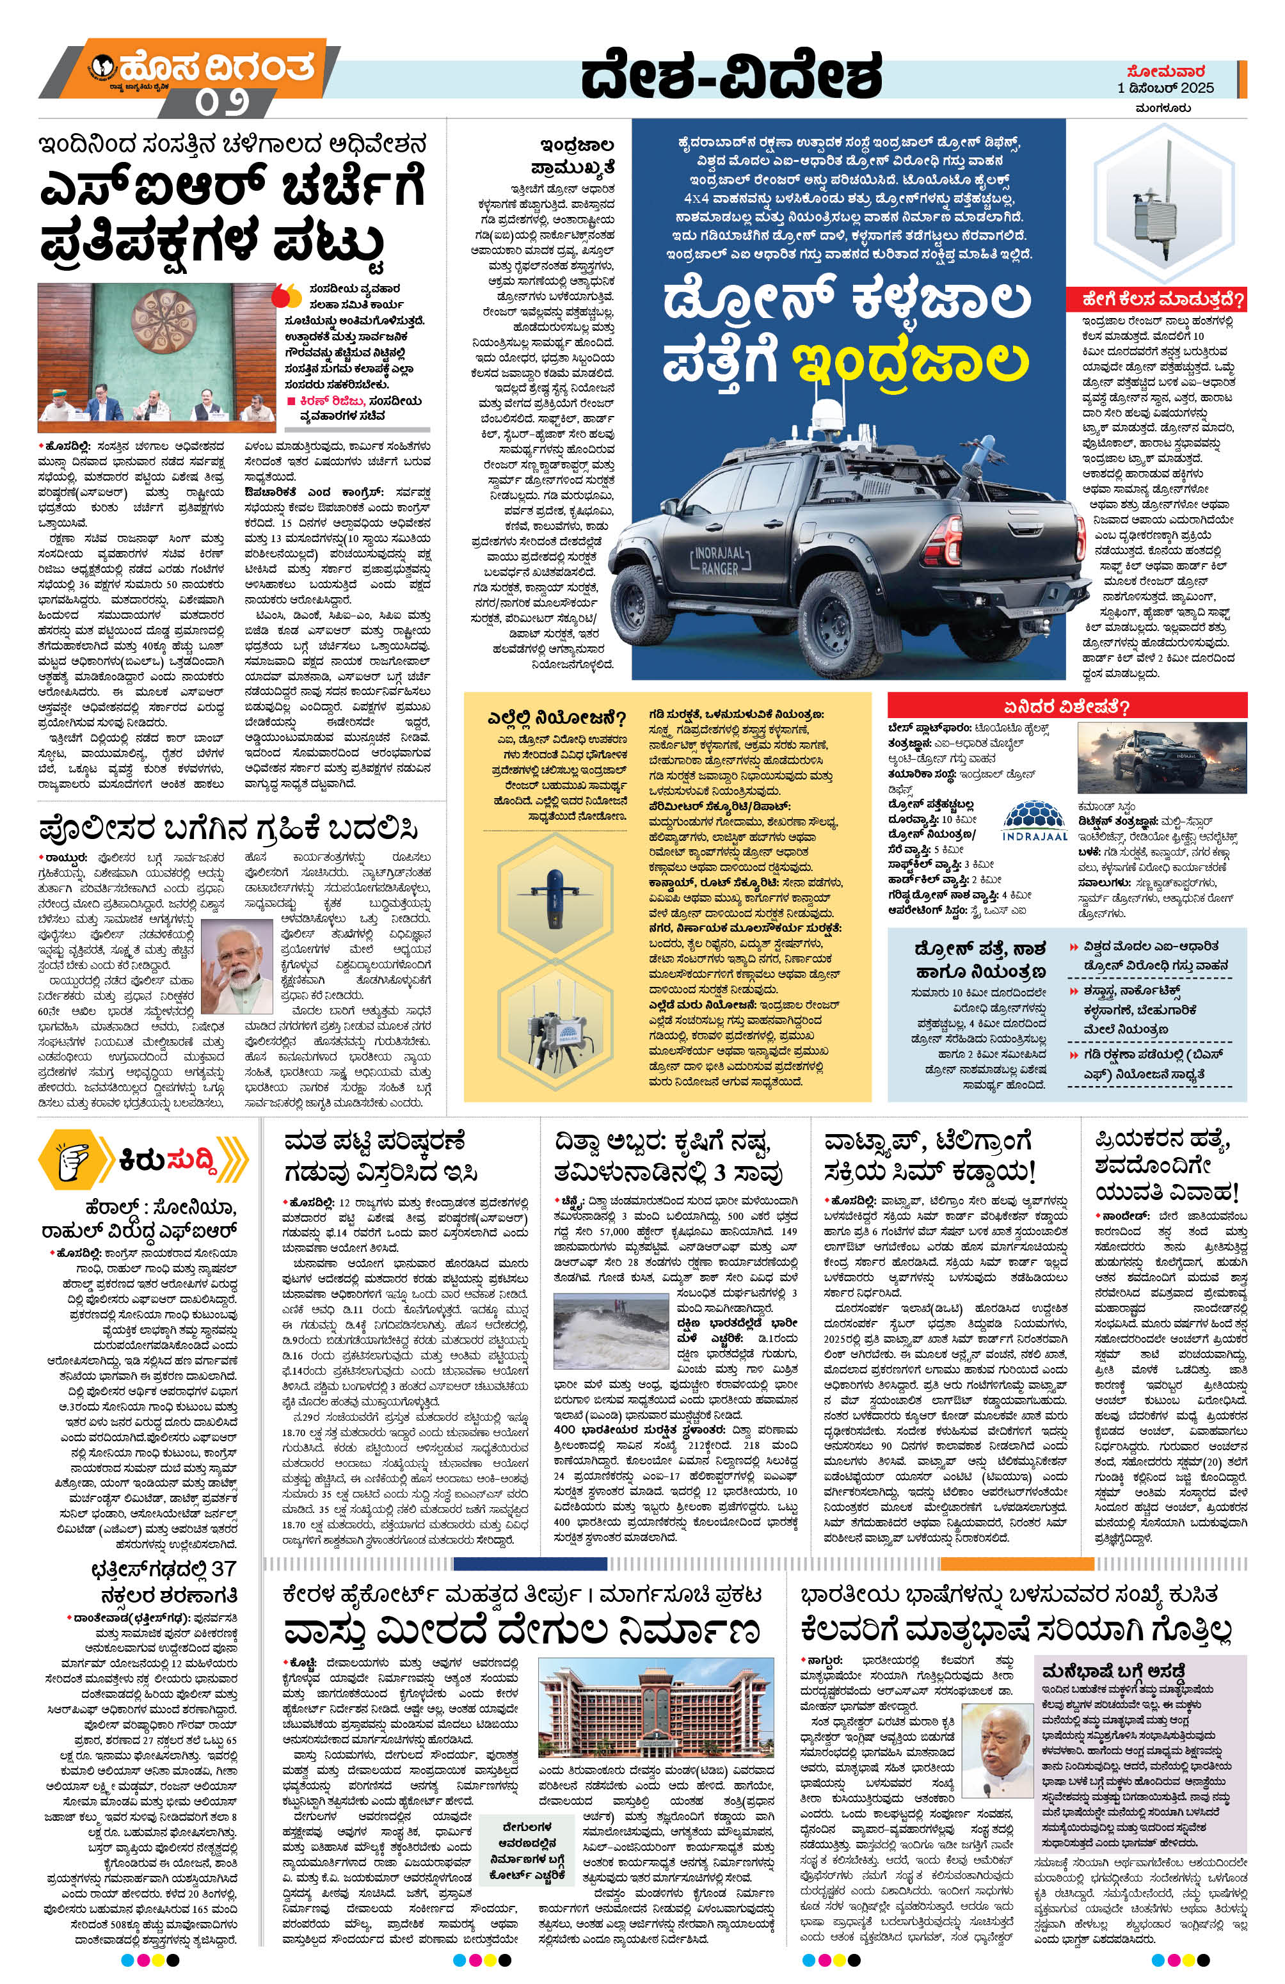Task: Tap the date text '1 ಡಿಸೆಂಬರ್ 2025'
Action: (1165, 88)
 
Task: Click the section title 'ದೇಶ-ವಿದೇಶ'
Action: (731, 77)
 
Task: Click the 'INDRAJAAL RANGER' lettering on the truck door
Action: (714, 559)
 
